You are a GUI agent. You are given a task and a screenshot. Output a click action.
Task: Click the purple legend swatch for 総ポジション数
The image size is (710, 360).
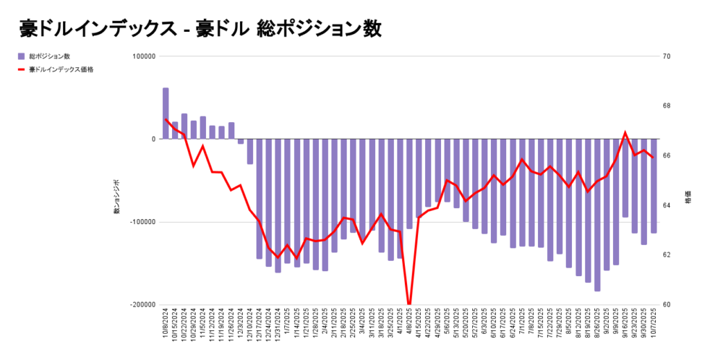click(x=21, y=56)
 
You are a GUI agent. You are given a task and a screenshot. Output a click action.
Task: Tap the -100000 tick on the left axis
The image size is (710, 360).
click(x=142, y=222)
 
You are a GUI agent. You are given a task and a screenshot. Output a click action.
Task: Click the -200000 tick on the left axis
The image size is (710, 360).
click(x=142, y=305)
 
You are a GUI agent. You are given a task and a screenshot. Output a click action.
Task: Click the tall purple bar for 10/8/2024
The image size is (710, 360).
click(x=166, y=113)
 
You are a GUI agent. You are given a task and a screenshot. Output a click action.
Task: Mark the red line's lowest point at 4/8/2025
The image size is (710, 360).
click(x=409, y=304)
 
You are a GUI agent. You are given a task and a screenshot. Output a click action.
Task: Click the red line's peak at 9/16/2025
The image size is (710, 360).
click(x=625, y=132)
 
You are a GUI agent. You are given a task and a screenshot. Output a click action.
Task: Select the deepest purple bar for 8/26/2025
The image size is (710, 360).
click(x=597, y=215)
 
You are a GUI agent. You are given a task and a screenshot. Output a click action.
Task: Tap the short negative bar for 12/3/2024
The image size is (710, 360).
click(x=241, y=141)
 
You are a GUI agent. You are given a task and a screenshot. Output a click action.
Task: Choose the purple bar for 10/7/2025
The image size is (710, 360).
click(x=653, y=186)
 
